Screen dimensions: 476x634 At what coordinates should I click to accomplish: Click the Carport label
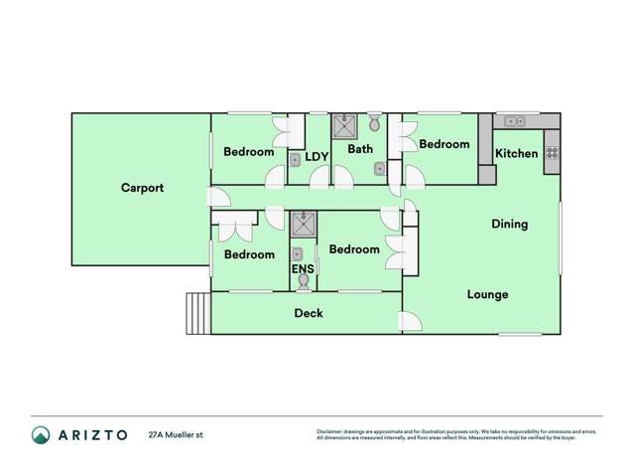click(x=142, y=187)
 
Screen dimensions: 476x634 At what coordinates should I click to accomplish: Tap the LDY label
click(x=317, y=157)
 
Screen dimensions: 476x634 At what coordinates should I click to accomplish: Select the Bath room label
click(x=360, y=150)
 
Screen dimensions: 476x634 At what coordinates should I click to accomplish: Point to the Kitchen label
click(x=516, y=153)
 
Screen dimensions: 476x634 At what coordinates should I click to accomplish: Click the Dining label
click(x=509, y=224)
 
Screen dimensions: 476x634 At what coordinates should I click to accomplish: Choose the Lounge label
click(x=487, y=294)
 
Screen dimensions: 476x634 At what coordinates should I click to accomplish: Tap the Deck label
click(x=309, y=313)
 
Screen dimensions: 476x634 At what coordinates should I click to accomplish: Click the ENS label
click(x=302, y=268)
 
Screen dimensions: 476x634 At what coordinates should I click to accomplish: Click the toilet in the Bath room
click(x=373, y=124)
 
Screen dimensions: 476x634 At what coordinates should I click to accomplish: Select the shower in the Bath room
click(x=343, y=125)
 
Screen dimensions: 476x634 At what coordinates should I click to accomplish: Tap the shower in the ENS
click(x=303, y=222)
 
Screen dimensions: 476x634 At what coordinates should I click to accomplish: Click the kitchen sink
click(x=515, y=121)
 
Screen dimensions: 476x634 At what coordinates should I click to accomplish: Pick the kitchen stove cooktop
click(x=552, y=153)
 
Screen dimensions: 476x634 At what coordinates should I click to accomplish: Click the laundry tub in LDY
click(x=295, y=159)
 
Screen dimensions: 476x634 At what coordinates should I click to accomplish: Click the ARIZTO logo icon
click(x=41, y=434)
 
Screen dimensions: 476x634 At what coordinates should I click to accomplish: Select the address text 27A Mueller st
click(x=176, y=434)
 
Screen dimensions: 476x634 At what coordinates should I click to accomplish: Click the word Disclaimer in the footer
click(x=329, y=431)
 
